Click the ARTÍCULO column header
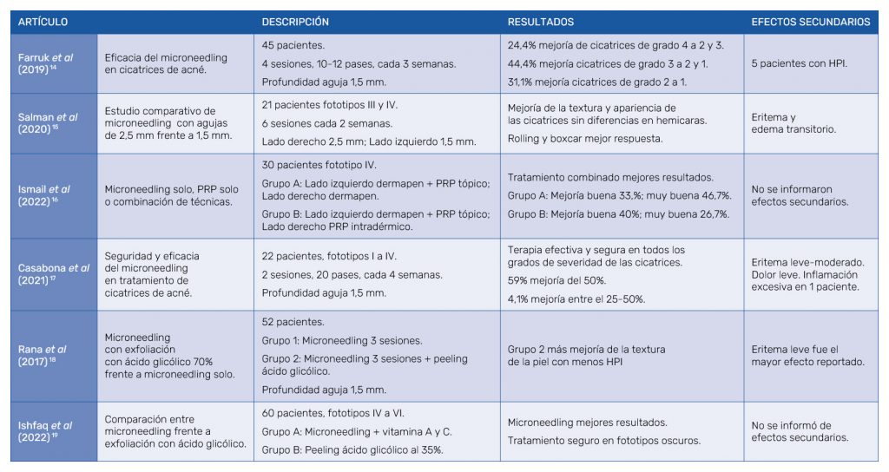(x=43, y=22)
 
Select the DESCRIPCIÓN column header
(x=295, y=22)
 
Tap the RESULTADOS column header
(x=541, y=22)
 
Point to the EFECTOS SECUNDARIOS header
(x=810, y=22)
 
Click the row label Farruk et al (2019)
(x=46, y=63)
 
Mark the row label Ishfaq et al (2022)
(x=46, y=431)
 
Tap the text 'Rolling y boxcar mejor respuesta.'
(x=586, y=137)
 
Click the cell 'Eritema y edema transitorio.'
(x=794, y=123)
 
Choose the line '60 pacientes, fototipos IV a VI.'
(x=333, y=414)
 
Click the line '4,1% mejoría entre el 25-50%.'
(x=576, y=299)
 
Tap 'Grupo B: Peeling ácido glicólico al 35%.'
(x=353, y=449)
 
